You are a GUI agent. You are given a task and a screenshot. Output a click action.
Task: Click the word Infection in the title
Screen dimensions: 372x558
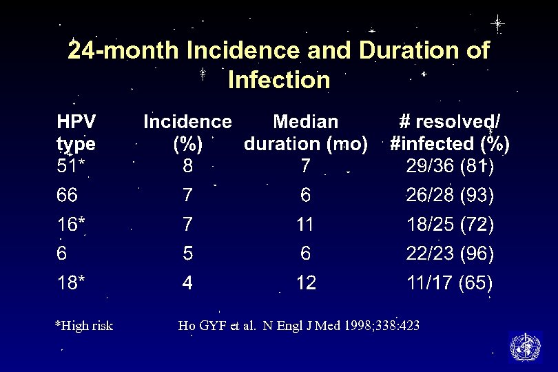point(278,80)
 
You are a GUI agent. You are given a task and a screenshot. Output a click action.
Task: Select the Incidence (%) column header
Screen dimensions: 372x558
point(187,133)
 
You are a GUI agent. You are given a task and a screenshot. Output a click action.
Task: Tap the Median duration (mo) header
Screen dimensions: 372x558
point(306,133)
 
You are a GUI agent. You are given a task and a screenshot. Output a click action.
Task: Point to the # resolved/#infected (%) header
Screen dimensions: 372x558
point(450,133)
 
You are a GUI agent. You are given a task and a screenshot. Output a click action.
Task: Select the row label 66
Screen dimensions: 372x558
point(67,196)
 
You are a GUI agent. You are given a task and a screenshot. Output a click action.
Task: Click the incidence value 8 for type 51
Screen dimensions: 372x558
point(187,167)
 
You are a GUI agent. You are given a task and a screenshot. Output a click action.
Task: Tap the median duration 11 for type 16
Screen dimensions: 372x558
point(306,225)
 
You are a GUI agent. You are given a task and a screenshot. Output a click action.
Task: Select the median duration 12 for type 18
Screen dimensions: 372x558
point(306,282)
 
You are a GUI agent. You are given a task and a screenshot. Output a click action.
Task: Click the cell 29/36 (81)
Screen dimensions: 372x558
point(450,167)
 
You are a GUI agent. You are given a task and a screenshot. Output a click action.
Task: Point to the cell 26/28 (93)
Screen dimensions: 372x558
point(450,196)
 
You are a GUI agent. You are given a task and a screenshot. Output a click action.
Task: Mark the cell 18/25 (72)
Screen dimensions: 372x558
point(450,225)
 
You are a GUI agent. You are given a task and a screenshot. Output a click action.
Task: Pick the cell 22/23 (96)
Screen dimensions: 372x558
point(450,254)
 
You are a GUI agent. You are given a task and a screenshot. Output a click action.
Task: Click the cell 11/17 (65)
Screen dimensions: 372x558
point(450,282)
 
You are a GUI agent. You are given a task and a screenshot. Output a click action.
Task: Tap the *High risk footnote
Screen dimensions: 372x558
point(83,326)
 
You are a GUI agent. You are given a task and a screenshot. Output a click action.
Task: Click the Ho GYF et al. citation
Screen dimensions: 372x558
point(298,326)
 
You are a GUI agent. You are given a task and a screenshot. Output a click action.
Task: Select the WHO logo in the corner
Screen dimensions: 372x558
point(525,347)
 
